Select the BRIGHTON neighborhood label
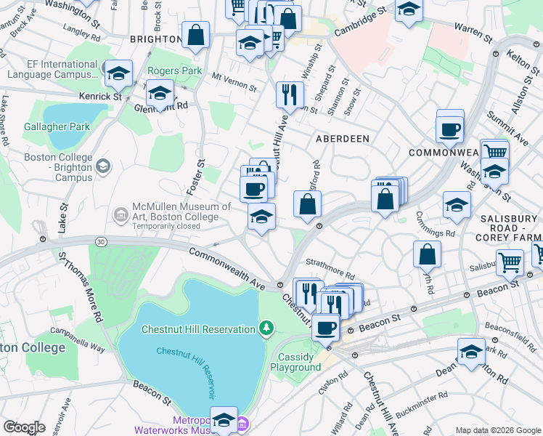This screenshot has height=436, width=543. coord(155,39)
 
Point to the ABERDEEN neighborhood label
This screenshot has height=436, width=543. coord(343,138)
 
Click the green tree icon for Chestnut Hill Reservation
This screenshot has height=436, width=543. coord(266,329)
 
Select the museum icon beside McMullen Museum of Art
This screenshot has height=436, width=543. coord(121,214)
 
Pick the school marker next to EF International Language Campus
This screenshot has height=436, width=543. coord(118,74)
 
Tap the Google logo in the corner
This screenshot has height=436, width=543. coord(24,427)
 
